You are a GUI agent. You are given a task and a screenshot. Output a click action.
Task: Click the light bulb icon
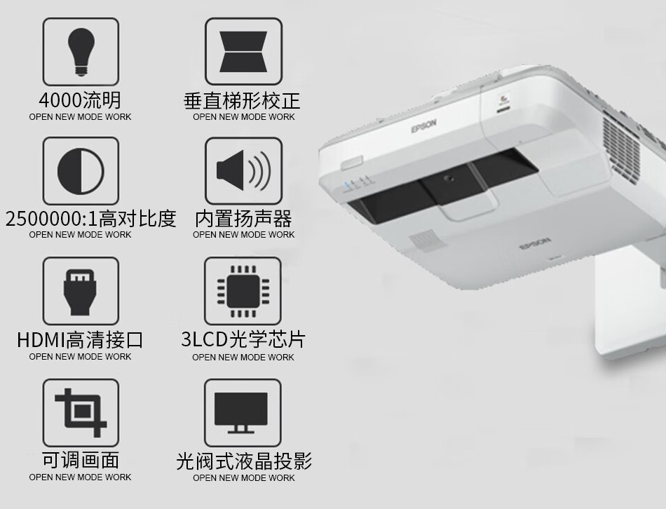81,51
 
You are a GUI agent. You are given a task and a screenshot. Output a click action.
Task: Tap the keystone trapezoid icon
243,51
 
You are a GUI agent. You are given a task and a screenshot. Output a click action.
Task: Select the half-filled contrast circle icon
81,171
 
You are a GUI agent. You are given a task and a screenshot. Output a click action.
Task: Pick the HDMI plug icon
81,292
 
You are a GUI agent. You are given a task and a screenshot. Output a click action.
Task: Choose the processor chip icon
243,292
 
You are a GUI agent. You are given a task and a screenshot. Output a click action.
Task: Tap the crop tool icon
81,412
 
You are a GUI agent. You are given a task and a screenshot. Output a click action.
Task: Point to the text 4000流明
81,100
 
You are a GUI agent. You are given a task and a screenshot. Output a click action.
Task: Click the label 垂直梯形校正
242,101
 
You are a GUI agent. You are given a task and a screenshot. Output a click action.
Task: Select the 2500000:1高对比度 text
90,219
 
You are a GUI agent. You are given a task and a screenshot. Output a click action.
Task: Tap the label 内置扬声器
243,219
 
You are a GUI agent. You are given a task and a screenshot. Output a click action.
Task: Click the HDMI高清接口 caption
81,340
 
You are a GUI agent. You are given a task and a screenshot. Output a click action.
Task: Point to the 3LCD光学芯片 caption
243,339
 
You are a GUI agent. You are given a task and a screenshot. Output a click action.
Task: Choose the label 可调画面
81,460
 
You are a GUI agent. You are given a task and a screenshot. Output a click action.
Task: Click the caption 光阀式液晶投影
244,461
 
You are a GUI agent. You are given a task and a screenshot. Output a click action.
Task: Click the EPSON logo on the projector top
423,125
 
